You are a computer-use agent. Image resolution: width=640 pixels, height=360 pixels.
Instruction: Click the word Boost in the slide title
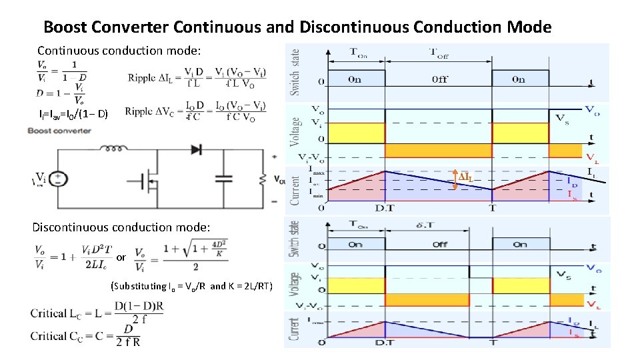click(65, 27)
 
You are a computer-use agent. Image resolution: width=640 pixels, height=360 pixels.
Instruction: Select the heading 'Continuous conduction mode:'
click(119, 51)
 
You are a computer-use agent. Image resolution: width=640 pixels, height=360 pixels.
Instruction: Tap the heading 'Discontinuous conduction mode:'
click(121, 227)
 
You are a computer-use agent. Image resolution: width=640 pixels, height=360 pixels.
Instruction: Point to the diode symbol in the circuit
click(195, 149)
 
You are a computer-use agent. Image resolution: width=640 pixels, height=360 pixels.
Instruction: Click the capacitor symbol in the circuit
click(224, 178)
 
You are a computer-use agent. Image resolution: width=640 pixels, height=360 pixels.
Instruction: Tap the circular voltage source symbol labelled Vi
click(59, 179)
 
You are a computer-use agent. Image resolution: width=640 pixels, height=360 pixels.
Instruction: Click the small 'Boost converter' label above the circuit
click(59, 131)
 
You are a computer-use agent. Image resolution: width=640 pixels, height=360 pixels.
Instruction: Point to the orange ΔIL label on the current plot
click(466, 177)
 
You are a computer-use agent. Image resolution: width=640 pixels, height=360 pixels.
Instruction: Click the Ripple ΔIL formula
click(197, 77)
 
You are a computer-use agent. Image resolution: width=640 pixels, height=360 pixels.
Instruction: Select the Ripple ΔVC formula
click(197, 111)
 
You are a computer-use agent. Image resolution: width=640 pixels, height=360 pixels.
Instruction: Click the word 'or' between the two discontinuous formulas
click(121, 257)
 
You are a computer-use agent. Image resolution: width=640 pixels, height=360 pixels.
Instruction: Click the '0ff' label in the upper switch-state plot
click(440, 79)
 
